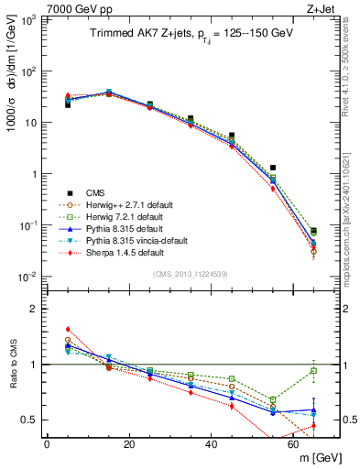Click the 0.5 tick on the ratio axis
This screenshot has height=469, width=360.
tap(31, 420)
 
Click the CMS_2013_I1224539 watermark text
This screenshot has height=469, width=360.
tap(191, 273)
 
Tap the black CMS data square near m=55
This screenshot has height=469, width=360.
tap(273, 168)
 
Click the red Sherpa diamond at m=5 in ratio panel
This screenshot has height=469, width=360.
tap(68, 330)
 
